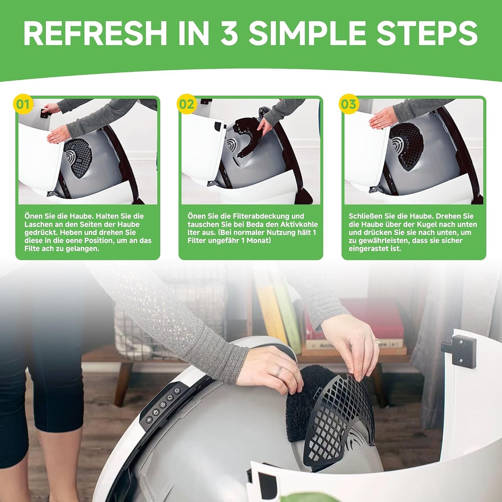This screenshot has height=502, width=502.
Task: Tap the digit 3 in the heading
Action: click(230, 34)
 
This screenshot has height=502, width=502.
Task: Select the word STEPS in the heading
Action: click(419, 34)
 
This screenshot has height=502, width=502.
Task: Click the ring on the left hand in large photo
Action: click(279, 370)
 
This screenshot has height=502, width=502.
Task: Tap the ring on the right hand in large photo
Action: click(376, 340)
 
